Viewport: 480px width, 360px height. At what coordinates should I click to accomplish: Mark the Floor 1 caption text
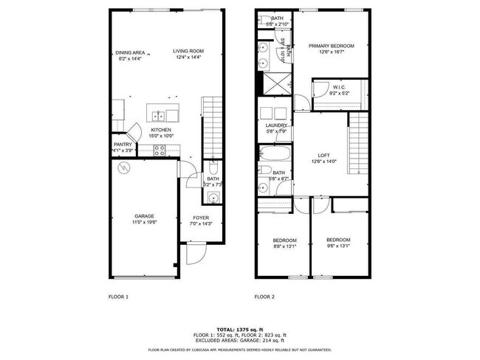[118, 297]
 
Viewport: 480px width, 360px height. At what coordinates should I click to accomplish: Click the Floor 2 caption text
[264, 297]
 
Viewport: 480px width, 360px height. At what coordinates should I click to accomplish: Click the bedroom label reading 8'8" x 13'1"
[284, 243]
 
